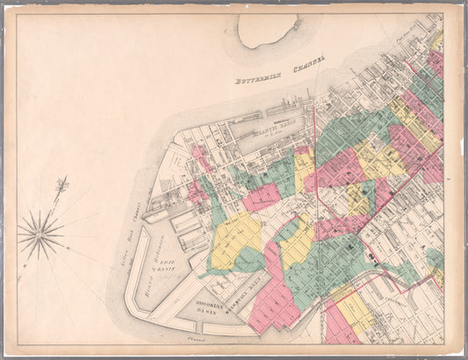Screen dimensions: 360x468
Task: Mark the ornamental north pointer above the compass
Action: pyautogui.click(x=61, y=185)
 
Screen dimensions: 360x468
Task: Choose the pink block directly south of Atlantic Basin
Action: pyautogui.click(x=261, y=197)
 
